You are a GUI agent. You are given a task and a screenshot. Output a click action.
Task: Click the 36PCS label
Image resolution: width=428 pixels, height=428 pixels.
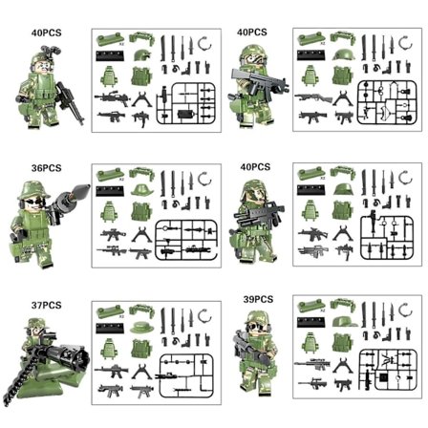(46, 167)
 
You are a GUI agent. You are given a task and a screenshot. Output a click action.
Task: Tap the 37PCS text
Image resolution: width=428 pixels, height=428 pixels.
(46, 305)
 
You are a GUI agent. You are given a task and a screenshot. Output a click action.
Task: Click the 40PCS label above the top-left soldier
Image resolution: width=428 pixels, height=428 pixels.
(45, 32)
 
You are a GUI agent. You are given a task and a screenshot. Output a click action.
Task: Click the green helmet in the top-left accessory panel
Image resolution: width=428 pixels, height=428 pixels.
(142, 58)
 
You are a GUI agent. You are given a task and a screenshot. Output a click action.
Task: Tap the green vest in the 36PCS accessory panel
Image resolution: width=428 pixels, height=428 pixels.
(143, 210)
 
